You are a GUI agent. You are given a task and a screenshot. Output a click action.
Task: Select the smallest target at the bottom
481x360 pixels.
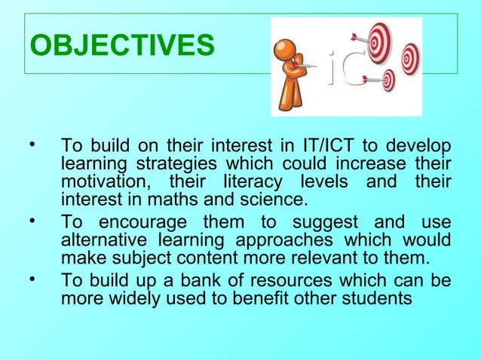[x=388, y=79]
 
